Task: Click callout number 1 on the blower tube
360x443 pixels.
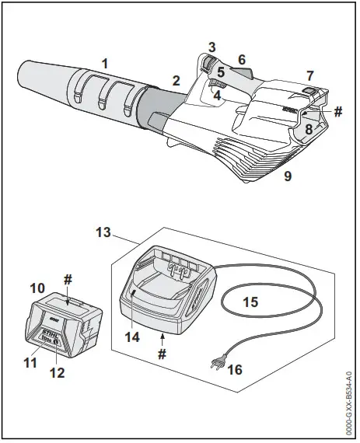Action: click(x=105, y=61)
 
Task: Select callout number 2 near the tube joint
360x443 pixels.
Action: click(x=176, y=80)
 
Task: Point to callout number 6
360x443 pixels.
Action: click(x=242, y=59)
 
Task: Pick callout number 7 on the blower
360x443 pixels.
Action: click(x=309, y=75)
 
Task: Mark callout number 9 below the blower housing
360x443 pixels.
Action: click(x=288, y=176)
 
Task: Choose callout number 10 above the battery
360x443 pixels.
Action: click(x=37, y=288)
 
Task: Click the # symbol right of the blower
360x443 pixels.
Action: click(x=337, y=112)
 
